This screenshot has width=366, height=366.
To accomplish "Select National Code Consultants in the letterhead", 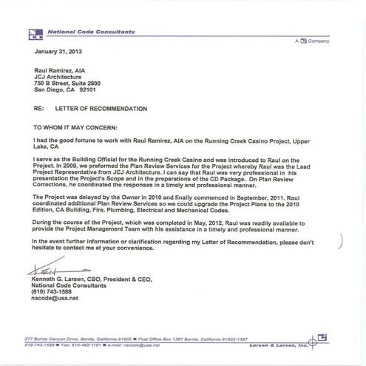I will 81,33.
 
